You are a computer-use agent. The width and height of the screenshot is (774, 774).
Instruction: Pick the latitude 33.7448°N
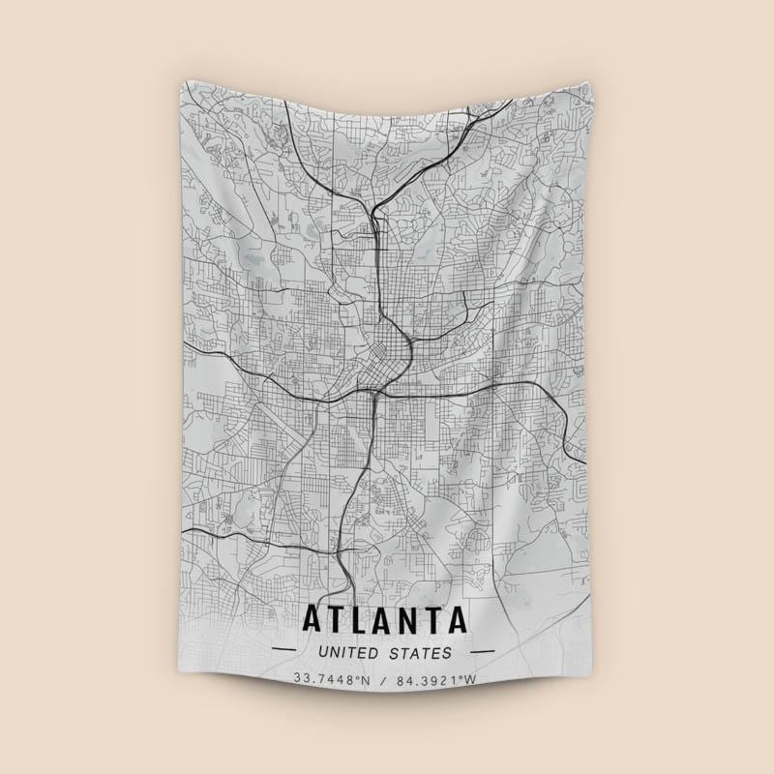333,679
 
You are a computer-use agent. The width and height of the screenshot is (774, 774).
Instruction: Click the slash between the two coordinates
383,679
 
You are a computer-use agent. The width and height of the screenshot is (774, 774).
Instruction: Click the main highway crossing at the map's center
373,391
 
